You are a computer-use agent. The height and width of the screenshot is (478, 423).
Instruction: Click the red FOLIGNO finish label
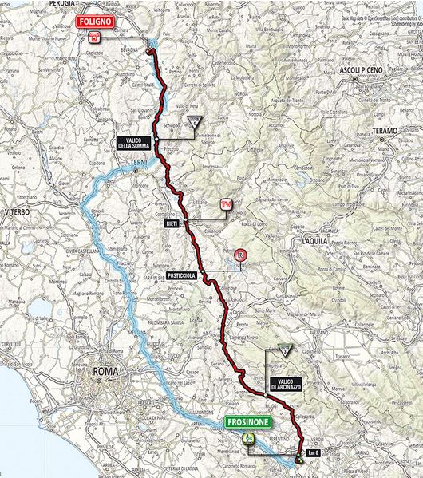95,22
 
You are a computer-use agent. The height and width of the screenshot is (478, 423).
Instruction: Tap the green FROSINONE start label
248,423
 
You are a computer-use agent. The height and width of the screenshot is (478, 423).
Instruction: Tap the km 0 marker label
313,453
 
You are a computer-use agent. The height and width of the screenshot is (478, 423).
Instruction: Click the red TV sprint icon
227,204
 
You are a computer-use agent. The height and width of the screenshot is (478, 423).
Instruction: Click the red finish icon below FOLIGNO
95,37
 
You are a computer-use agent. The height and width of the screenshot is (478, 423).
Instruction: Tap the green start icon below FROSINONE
248,438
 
